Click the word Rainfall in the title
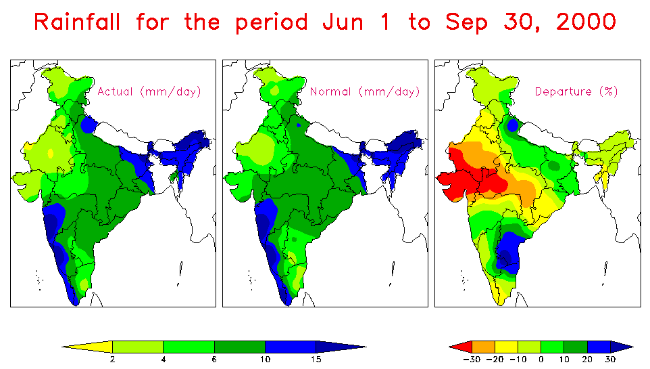[77, 22]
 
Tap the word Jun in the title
[342, 22]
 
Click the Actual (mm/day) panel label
[149, 91]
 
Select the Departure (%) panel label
[576, 91]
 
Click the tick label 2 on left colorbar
[112, 360]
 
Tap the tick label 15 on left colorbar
[316, 360]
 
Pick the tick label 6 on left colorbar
[214, 360]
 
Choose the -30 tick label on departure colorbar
[472, 360]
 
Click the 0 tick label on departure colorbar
[541, 360]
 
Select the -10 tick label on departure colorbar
[518, 360]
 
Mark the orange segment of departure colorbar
[484, 346]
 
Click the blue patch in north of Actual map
[88, 125]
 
